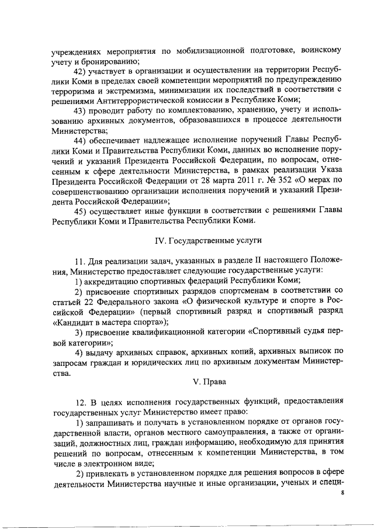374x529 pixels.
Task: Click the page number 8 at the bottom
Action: [x=343, y=493]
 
